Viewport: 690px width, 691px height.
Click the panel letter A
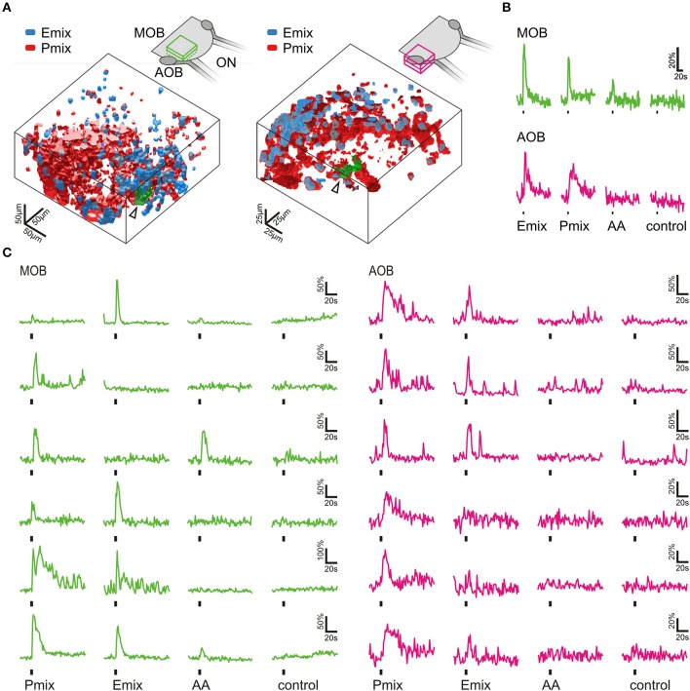click(8, 8)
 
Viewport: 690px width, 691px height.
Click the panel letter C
click(8, 255)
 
